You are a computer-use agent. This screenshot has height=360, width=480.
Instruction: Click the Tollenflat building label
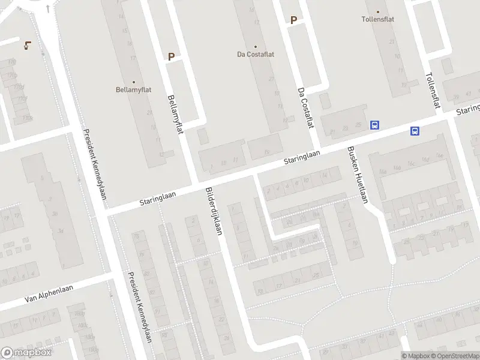pyautogui.click(x=377, y=19)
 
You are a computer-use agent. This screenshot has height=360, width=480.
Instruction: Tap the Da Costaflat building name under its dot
pyautogui.click(x=255, y=54)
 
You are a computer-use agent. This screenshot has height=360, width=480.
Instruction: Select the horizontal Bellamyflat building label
pyautogui.click(x=133, y=90)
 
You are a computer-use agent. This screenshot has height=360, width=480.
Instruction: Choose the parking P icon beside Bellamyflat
pyautogui.click(x=171, y=57)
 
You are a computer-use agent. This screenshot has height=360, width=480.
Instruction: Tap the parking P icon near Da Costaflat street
pyautogui.click(x=294, y=20)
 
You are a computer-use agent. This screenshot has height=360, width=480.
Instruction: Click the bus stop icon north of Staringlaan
pyautogui.click(x=375, y=125)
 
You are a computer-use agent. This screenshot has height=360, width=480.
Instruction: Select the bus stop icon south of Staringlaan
pyautogui.click(x=414, y=131)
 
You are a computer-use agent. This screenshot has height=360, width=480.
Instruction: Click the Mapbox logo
pyautogui.click(x=26, y=353)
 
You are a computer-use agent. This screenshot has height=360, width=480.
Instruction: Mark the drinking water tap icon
pyautogui.click(x=28, y=45)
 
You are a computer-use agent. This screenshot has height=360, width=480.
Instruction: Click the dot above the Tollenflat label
pyautogui.click(x=378, y=11)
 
